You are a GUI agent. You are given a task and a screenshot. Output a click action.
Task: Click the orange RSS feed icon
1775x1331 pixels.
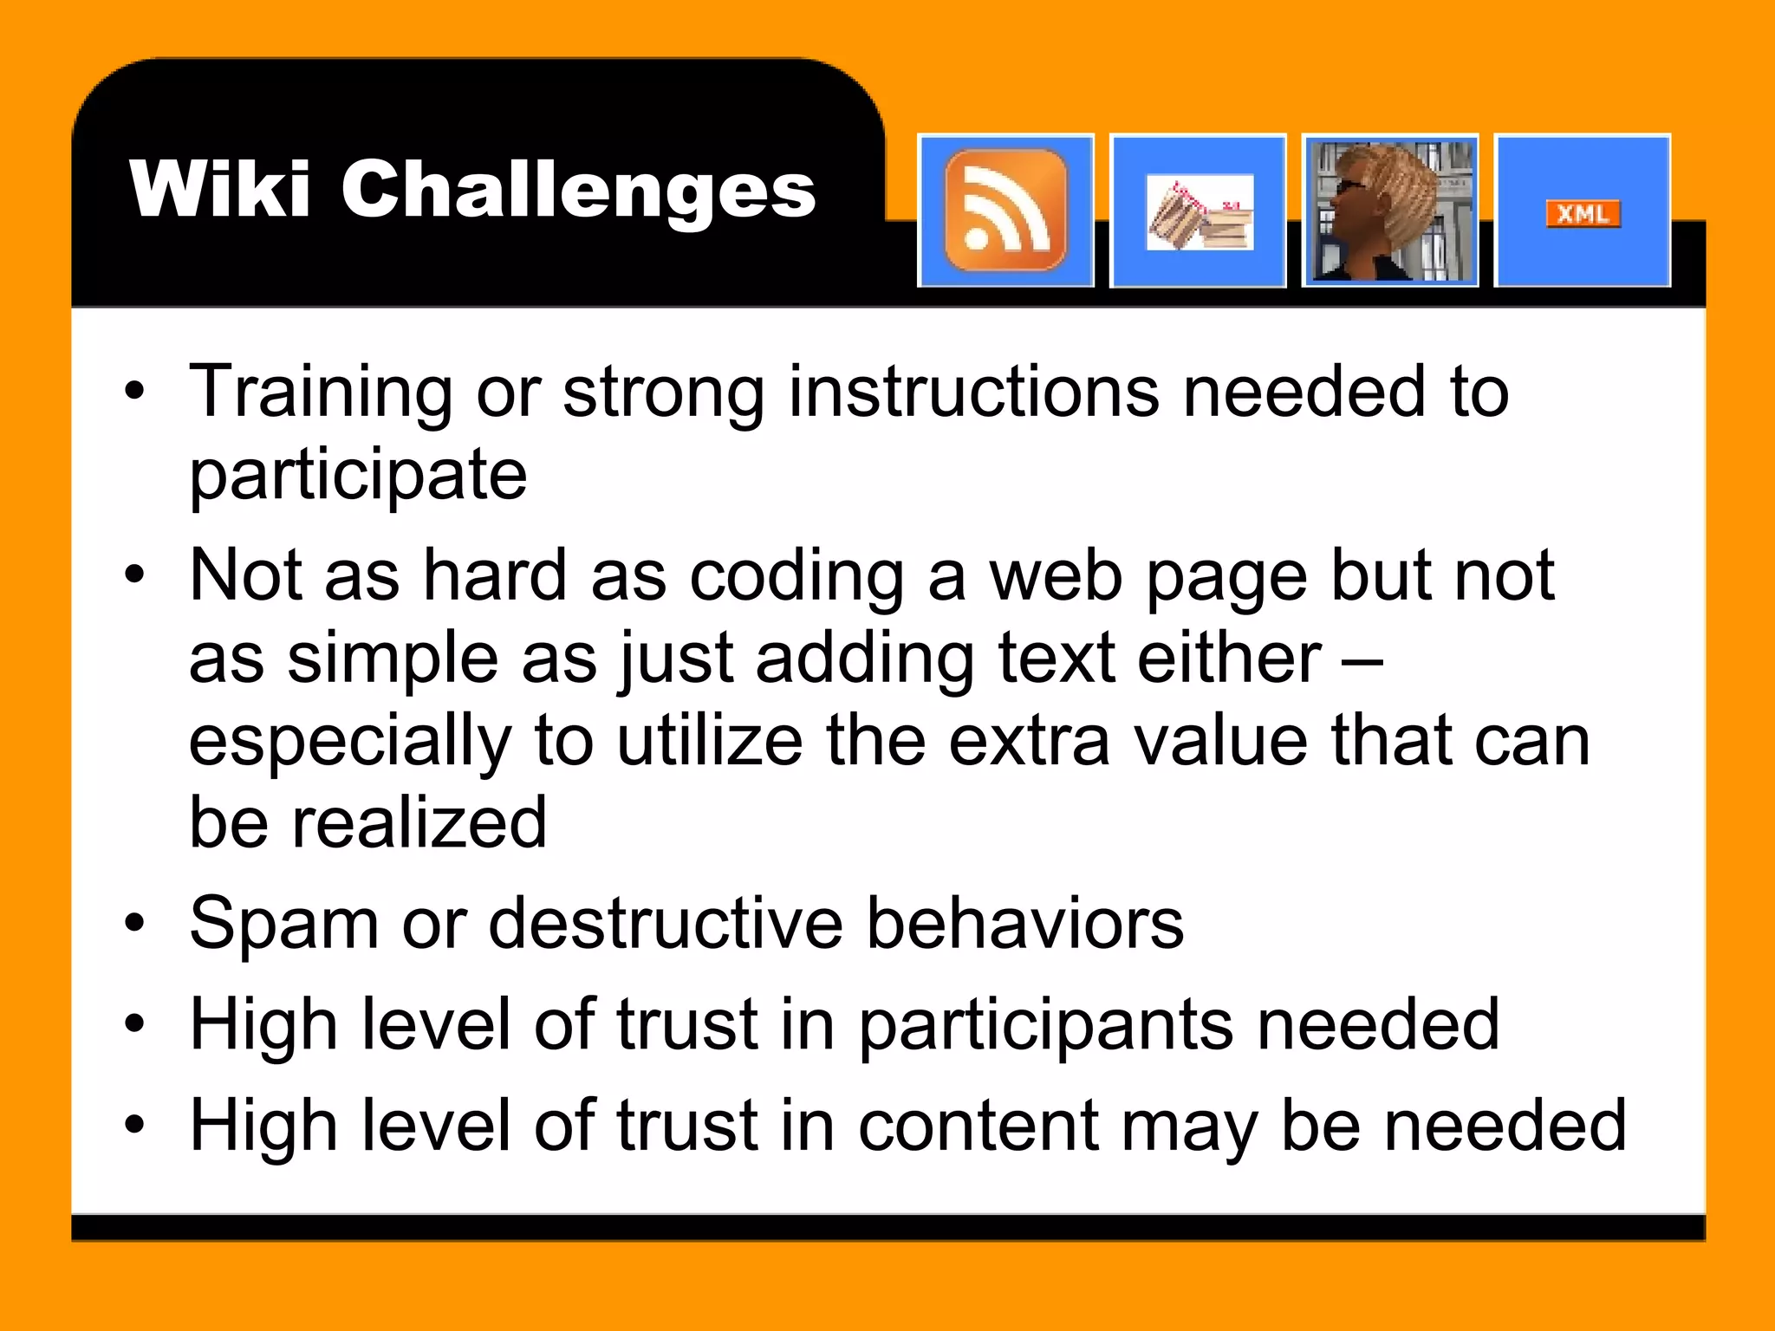click(1005, 210)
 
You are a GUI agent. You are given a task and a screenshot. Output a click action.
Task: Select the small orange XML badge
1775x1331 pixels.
click(1583, 213)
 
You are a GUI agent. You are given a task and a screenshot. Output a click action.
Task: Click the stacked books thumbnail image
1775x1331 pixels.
click(1200, 213)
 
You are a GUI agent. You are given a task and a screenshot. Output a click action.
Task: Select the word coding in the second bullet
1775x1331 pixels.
click(796, 575)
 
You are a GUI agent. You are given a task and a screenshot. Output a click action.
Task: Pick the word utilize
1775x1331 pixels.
click(709, 742)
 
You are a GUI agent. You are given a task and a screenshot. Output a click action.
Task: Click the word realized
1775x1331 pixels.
click(419, 823)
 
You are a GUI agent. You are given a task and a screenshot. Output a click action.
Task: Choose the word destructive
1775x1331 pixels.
click(666, 923)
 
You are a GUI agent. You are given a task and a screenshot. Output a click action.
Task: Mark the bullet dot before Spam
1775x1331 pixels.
click(134, 924)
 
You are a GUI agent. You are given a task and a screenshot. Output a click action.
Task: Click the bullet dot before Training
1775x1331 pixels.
click(134, 392)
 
